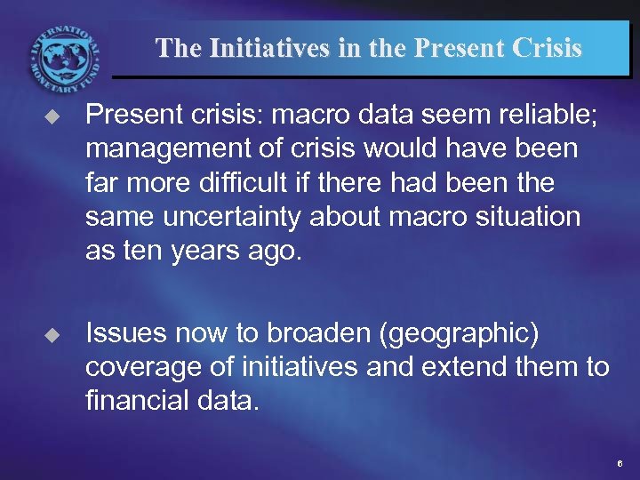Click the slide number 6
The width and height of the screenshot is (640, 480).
click(x=620, y=465)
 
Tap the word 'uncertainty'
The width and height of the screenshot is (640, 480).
click(x=230, y=216)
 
